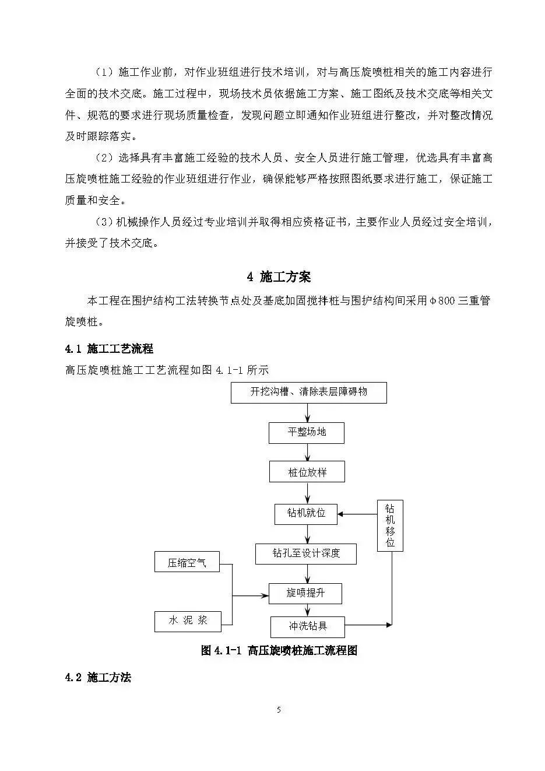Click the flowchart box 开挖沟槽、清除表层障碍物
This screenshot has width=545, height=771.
pyautogui.click(x=308, y=392)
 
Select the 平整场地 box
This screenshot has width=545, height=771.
pyautogui.click(x=307, y=433)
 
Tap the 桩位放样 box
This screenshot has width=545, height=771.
pyautogui.click(x=307, y=472)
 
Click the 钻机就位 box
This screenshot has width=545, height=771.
pyautogui.click(x=307, y=514)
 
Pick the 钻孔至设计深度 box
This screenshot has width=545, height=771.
pyautogui.click(x=306, y=553)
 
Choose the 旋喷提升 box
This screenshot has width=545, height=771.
pyautogui.click(x=305, y=593)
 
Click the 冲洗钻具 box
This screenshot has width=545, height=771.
pyautogui.click(x=308, y=626)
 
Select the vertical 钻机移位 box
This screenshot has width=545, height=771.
pyautogui.click(x=390, y=525)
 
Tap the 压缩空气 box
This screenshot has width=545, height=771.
pyautogui.click(x=187, y=563)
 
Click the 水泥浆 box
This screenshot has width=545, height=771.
pyautogui.click(x=188, y=621)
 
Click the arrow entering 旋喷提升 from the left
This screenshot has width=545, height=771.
pyautogui.click(x=251, y=595)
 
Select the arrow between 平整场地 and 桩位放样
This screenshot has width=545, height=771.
pyautogui.click(x=307, y=452)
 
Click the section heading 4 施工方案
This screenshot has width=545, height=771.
pyautogui.click(x=279, y=276)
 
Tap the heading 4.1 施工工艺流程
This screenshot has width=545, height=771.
pyautogui.click(x=109, y=349)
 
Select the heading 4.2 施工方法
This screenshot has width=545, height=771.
pyautogui.click(x=99, y=677)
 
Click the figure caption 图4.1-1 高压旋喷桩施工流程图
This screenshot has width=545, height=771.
pyautogui.click(x=279, y=650)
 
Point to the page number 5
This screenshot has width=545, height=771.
pyautogui.click(x=279, y=710)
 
